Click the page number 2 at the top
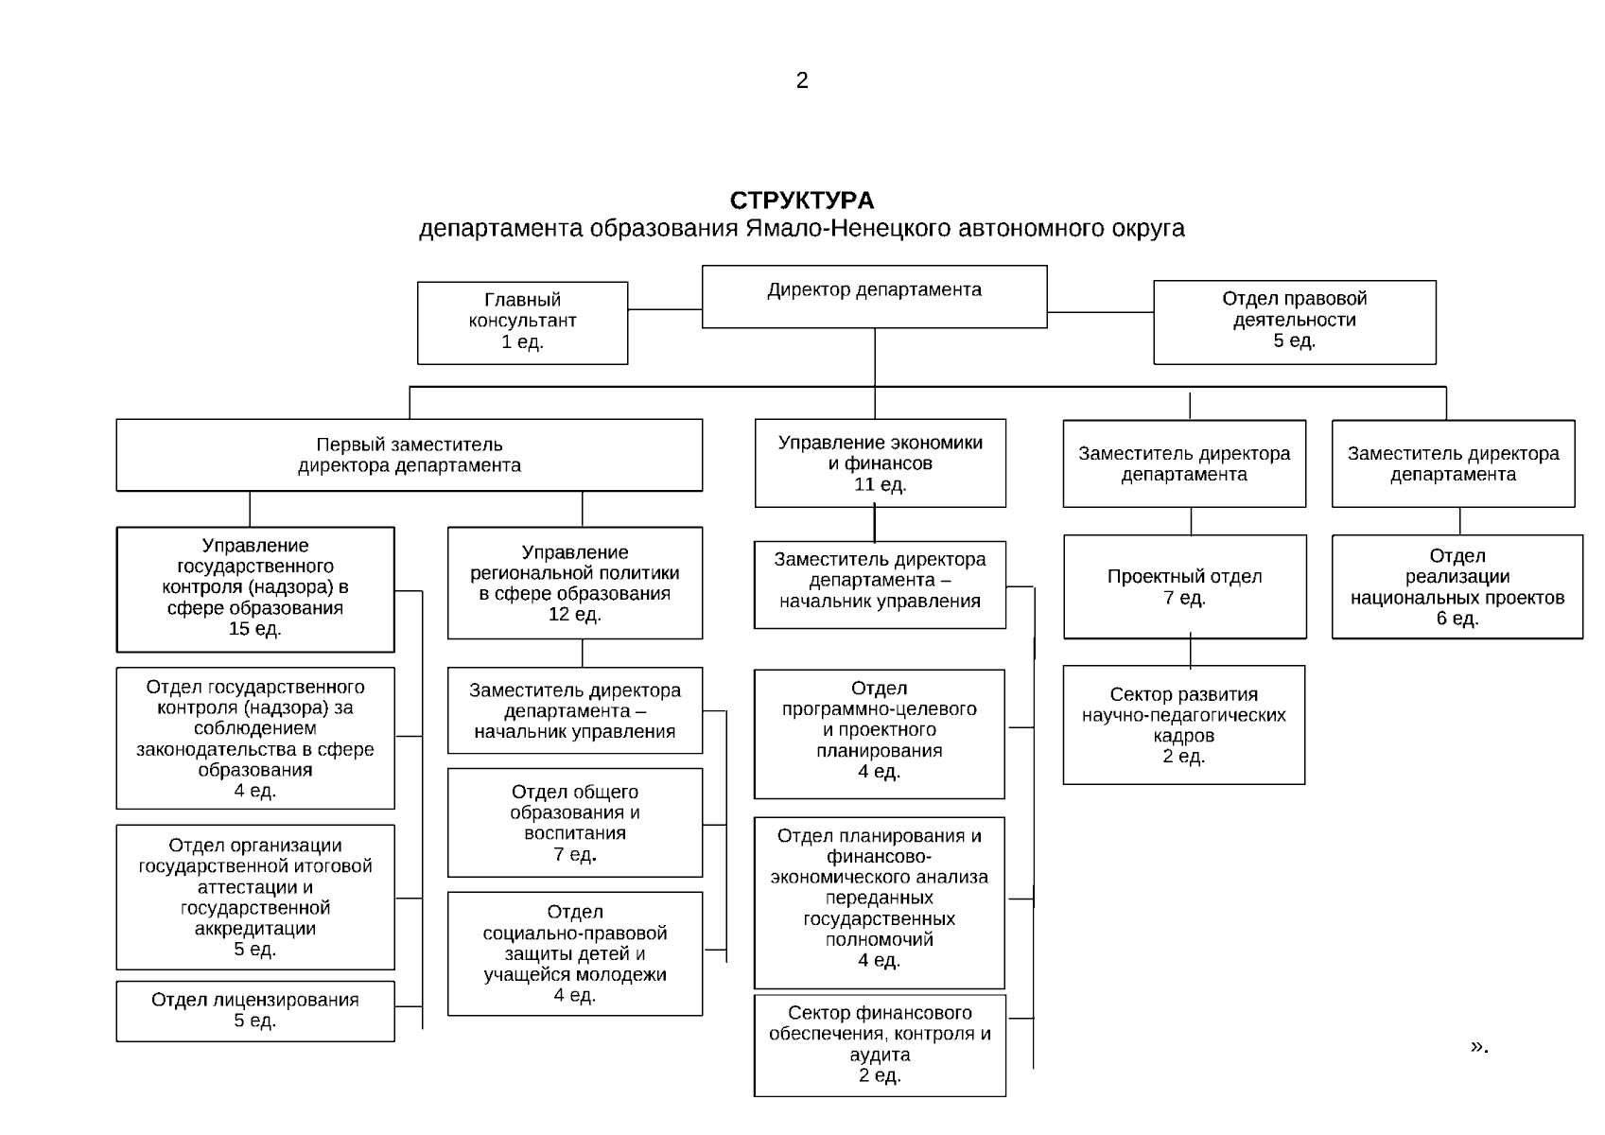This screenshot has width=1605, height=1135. (802, 80)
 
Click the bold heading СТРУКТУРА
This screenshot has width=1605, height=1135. (802, 201)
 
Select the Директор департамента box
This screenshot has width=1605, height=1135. (874, 296)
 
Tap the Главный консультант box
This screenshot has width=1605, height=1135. (522, 322)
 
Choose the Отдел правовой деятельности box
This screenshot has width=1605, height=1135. (1294, 322)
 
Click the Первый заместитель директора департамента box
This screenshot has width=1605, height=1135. (409, 455)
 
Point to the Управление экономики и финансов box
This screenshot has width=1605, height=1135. (880, 463)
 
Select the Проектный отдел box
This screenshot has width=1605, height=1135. (1184, 586)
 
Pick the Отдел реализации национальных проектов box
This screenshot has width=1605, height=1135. (1457, 586)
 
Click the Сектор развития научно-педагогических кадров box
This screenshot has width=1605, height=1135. (1183, 725)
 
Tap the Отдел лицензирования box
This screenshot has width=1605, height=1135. (255, 1010)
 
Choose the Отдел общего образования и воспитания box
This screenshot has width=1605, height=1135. (575, 822)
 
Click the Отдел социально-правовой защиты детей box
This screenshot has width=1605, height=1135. (575, 953)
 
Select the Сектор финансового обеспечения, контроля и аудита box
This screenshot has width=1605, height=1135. (880, 1044)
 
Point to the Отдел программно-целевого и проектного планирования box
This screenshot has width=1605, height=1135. (879, 733)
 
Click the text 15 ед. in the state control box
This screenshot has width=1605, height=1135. (255, 629)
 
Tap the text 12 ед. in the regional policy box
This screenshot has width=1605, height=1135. (575, 615)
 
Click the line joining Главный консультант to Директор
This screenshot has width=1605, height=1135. (664, 309)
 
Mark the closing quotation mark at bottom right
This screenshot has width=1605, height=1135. (1478, 1045)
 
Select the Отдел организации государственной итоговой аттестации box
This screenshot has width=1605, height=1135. (255, 897)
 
